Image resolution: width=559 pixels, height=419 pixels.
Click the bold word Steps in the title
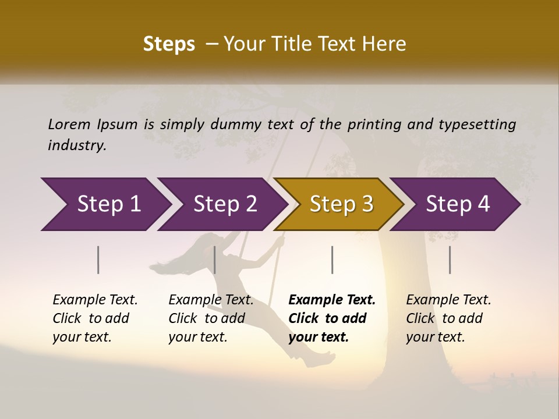169,44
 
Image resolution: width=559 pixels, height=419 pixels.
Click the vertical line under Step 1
98,260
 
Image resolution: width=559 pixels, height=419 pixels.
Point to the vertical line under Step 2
215,260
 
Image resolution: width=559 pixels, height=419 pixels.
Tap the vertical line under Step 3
332,260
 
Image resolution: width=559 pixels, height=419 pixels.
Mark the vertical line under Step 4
450,260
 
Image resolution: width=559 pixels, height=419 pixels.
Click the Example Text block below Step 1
95,318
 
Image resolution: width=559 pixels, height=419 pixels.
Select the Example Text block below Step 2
211,318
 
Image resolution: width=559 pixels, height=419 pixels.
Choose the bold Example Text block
332,318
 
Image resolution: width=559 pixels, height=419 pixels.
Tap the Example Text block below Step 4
448,318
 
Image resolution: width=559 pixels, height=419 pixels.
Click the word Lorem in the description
69,124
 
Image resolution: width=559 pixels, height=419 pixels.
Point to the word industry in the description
77,145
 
